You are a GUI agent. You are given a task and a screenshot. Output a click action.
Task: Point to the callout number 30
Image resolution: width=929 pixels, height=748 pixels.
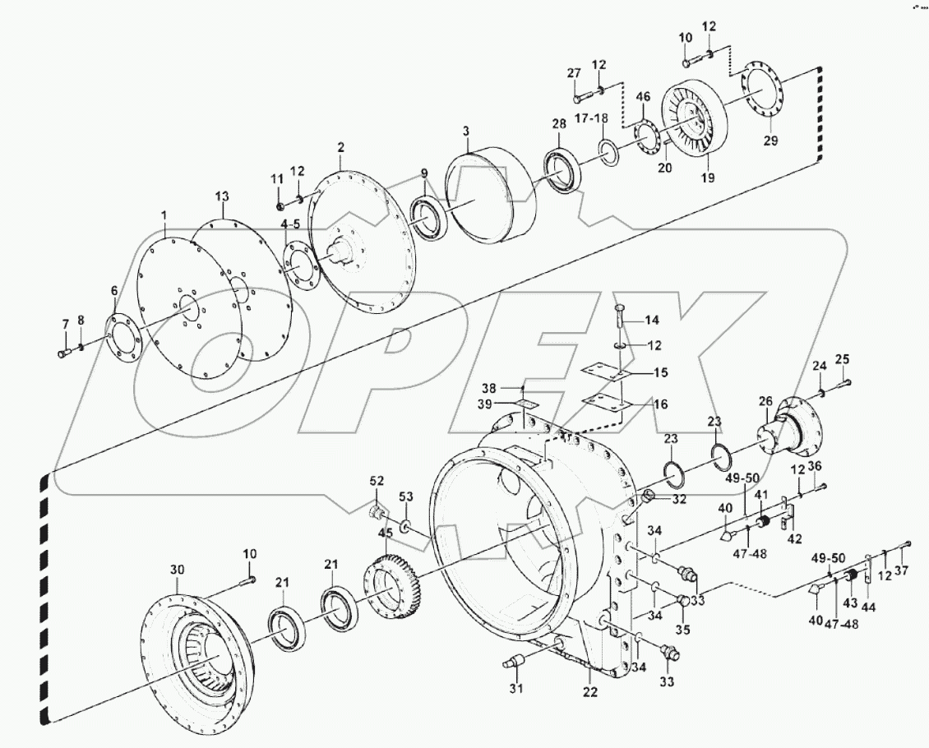point(178,570)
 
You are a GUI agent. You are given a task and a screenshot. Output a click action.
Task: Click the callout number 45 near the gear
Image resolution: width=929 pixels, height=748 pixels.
point(386,533)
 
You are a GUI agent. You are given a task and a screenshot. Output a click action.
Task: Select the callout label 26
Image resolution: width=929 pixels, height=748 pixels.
point(765,401)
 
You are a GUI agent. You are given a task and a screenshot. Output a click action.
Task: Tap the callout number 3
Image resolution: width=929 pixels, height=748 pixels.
point(465,132)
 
